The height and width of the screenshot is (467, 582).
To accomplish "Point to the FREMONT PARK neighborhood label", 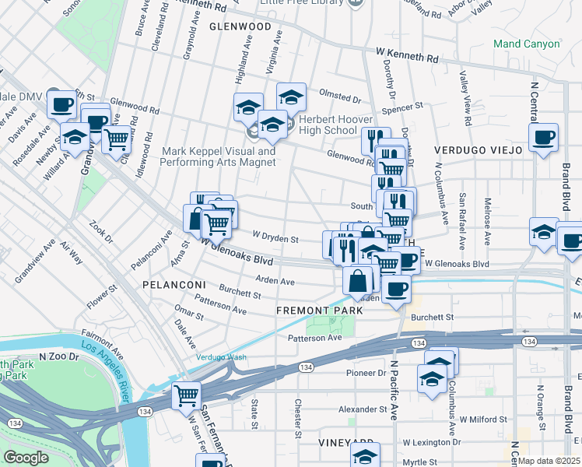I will click(x=320, y=311).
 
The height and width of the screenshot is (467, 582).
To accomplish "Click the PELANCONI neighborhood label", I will click(x=173, y=286).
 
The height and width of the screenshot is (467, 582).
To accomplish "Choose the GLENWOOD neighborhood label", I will click(x=240, y=26).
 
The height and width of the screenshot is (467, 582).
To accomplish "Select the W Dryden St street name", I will click(x=275, y=237).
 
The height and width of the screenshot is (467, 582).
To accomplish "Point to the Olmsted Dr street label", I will click(x=342, y=100).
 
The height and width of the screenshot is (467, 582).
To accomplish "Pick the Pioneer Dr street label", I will click(x=366, y=373).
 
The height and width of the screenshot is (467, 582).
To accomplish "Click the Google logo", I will click(x=26, y=458).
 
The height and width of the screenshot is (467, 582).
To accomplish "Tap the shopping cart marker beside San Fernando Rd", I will click(x=186, y=395).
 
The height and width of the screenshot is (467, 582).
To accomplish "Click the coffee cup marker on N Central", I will click(x=543, y=137).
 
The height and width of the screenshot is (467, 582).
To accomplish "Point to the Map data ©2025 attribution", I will click(x=549, y=461).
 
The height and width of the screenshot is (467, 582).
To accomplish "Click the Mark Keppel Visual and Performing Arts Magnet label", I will click(x=218, y=156).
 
